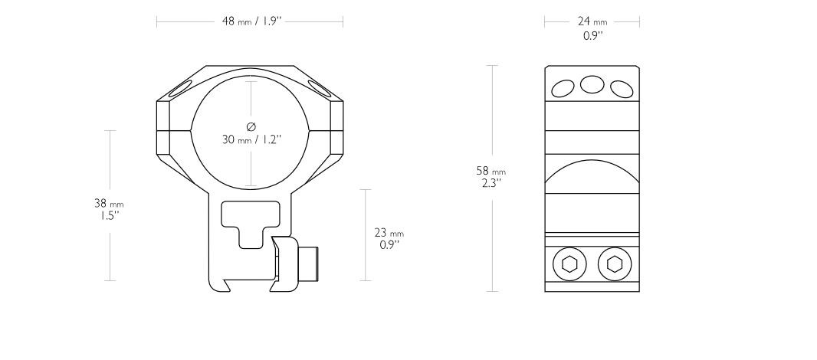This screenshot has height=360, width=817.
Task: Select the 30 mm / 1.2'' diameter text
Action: pyautogui.click(x=251, y=139)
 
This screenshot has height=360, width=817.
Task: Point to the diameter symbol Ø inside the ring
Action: pyautogui.click(x=251, y=126)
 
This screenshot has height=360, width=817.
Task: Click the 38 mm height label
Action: pyautogui.click(x=108, y=204)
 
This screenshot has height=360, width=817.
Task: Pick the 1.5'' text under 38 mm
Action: pyautogui.click(x=107, y=215)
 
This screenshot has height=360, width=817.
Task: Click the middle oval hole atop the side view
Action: pyautogui.click(x=592, y=83)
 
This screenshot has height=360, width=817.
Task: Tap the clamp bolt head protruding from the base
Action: pyautogui.click(x=310, y=263)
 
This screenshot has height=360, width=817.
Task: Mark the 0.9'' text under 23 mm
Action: pyautogui.click(x=390, y=245)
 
